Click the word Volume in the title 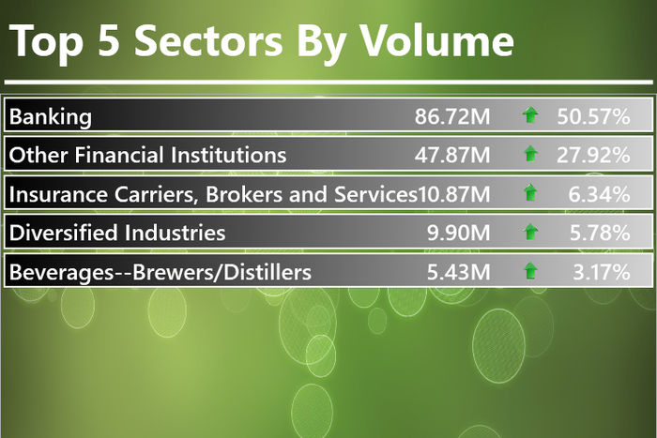438,43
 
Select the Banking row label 51,116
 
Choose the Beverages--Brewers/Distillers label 160,272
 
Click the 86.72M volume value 452,116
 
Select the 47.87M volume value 452,155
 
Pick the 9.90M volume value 459,233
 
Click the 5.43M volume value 459,272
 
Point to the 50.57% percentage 592,116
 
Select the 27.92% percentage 592,155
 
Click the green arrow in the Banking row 531,116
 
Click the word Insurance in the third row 50,194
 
